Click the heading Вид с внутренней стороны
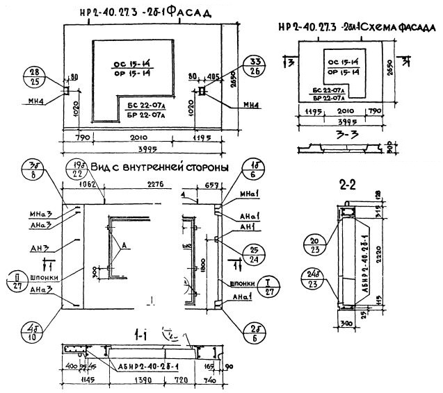click(160, 167)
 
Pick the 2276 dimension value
click(156, 184)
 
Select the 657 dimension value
click(213, 185)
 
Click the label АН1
click(246, 226)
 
